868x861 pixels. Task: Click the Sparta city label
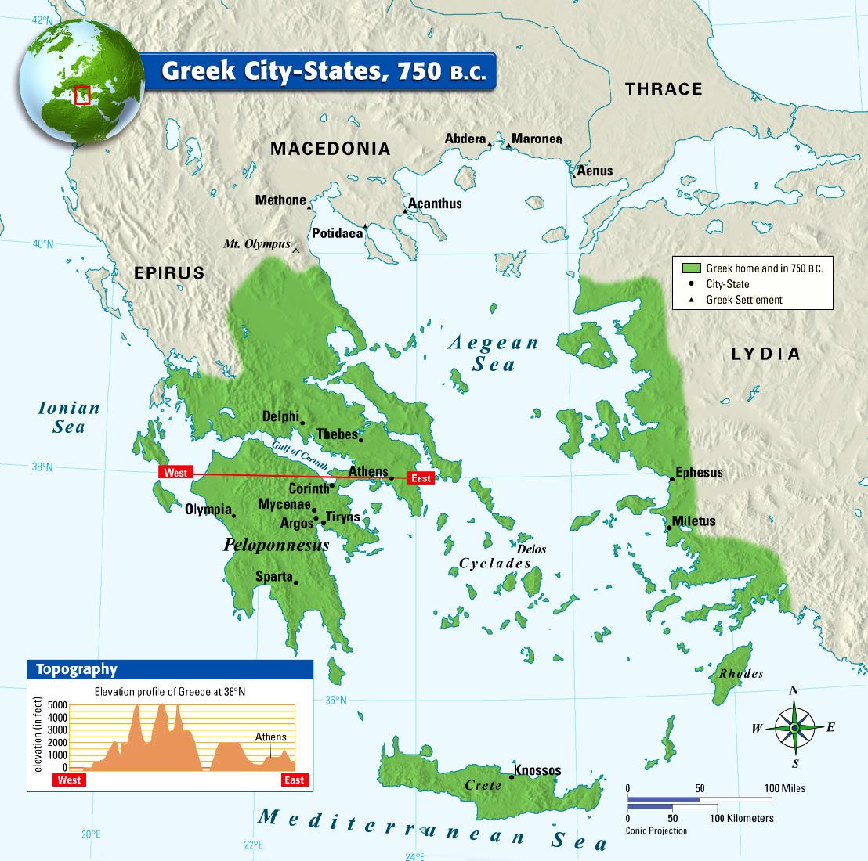273,577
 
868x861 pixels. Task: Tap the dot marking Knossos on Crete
512,776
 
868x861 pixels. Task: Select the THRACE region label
664,89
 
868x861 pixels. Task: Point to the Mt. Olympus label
256,244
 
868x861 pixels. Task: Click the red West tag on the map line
175,473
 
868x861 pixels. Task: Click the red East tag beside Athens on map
421,478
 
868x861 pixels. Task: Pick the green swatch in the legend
690,268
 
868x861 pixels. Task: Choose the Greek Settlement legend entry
743,300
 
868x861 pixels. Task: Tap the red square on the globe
82,95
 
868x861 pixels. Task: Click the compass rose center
794,728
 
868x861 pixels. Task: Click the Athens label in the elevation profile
270,737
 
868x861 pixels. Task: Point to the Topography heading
76,669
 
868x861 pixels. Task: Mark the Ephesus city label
699,473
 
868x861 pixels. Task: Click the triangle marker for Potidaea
365,226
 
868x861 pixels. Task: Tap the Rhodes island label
740,674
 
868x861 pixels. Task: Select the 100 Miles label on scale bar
786,788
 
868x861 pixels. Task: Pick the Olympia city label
208,510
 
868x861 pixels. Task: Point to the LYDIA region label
765,355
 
